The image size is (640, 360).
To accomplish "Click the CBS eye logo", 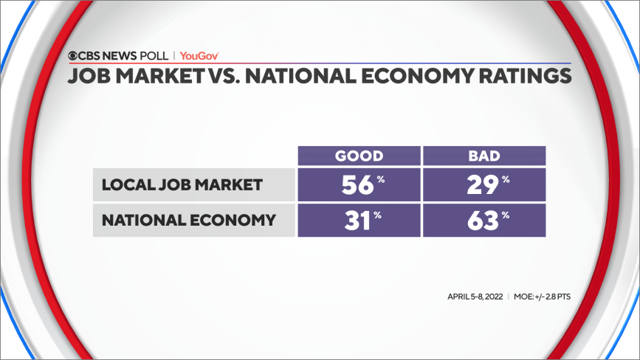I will [x=74, y=55].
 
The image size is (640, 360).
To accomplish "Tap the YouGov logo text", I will [x=199, y=55].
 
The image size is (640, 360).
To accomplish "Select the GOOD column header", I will [x=359, y=156].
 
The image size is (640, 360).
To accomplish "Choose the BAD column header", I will [x=484, y=156].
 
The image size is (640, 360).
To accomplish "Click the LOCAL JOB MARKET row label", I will [x=182, y=184].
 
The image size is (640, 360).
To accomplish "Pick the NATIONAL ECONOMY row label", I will [x=188, y=220].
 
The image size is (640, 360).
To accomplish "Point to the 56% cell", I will [x=359, y=184].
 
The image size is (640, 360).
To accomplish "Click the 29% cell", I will [x=484, y=184].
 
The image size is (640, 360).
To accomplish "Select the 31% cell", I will [x=359, y=220].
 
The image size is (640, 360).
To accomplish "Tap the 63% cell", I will [x=484, y=220].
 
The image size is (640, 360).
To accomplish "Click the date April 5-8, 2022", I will [x=474, y=297].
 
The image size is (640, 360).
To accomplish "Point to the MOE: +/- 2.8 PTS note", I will [x=543, y=297].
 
